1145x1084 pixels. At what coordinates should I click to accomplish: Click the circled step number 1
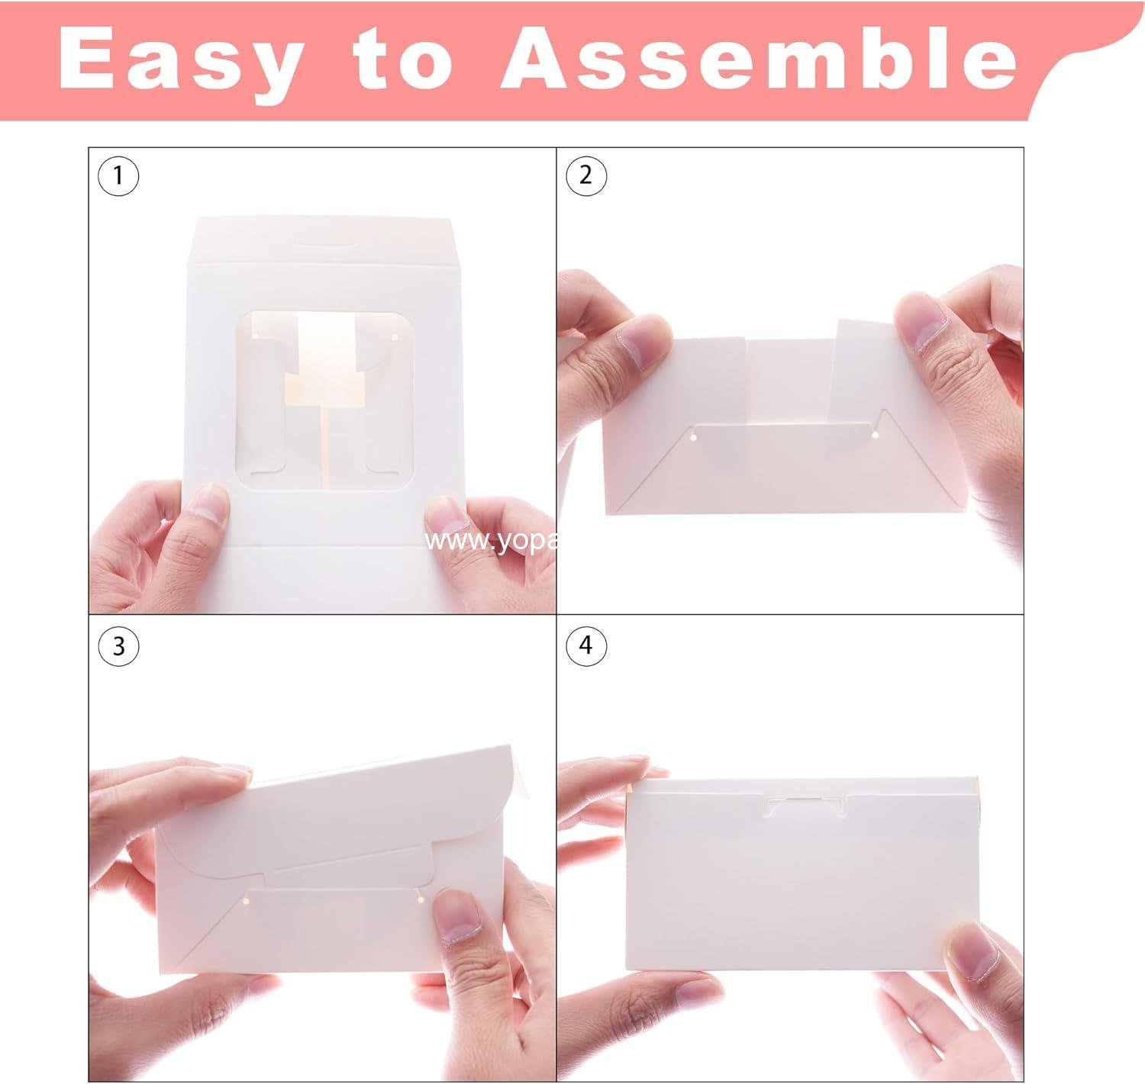[118, 176]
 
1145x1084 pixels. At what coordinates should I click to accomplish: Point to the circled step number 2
[585, 176]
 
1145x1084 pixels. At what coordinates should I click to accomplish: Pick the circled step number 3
[118, 646]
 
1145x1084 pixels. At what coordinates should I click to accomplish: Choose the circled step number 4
[585, 645]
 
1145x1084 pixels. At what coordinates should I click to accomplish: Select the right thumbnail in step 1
[446, 516]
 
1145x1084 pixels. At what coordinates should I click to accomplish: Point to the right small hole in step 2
[874, 436]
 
